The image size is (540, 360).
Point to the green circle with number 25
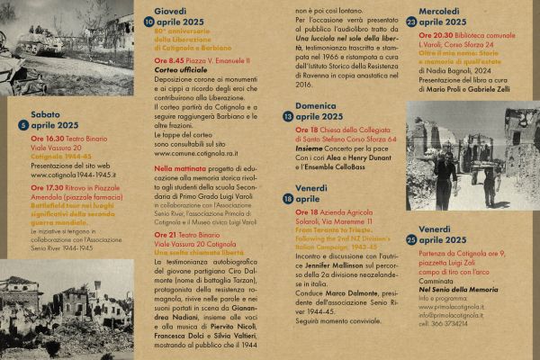pyautogui.click(x=411, y=239)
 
